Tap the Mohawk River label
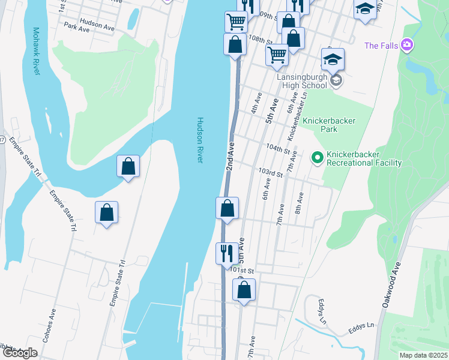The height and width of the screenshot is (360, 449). pyautogui.click(x=36, y=51)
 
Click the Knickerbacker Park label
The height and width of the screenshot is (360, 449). pyautogui.click(x=328, y=125)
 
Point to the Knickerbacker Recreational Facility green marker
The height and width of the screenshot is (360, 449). pyautogui.click(x=316, y=158)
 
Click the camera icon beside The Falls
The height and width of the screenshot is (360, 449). pyautogui.click(x=407, y=45)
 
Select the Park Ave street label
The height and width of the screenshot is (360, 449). pyautogui.click(x=76, y=28)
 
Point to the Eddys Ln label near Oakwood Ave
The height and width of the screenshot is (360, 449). pyautogui.click(x=362, y=329)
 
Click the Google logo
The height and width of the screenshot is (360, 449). pyautogui.click(x=20, y=353)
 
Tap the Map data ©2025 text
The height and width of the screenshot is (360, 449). pyautogui.click(x=423, y=355)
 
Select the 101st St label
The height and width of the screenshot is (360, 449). pyautogui.click(x=243, y=271)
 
